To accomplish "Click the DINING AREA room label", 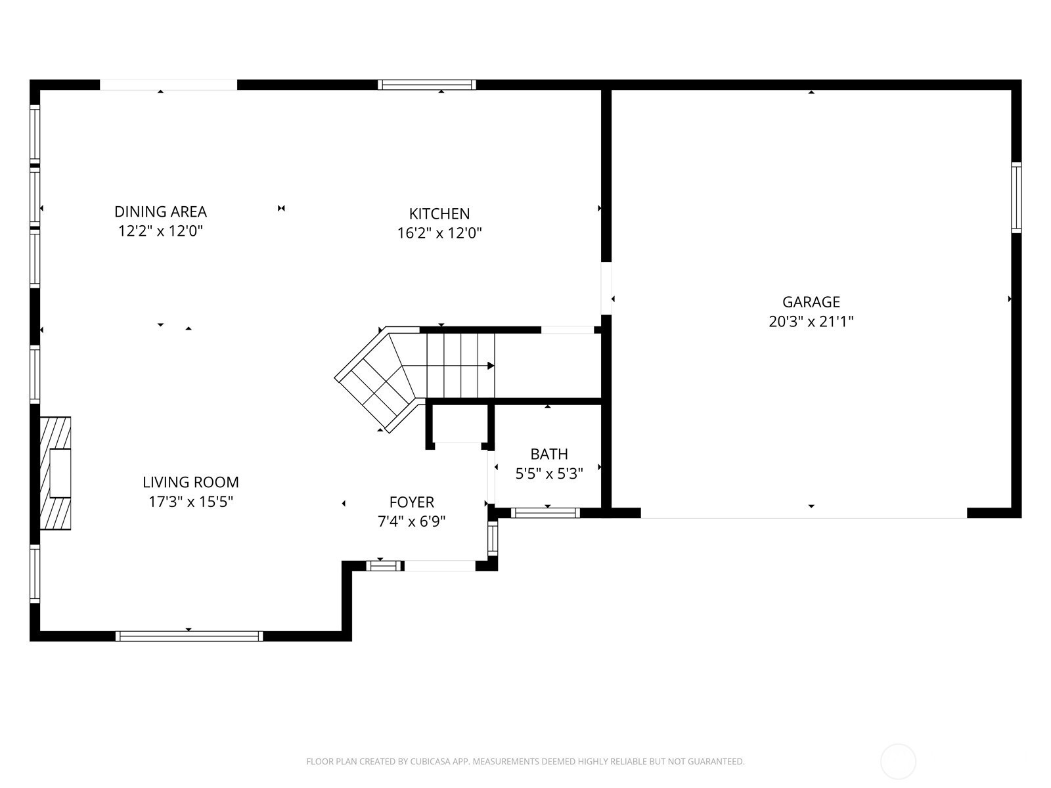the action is click(160, 211).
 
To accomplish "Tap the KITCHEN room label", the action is click(439, 213).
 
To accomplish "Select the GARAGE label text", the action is click(811, 302).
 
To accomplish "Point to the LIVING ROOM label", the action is click(190, 482).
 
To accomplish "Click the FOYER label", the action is click(412, 502).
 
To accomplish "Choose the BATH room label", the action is click(549, 454).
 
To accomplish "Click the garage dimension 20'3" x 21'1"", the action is click(811, 322).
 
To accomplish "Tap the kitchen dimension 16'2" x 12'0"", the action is click(439, 233).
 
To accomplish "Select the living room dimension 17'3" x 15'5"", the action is click(190, 502).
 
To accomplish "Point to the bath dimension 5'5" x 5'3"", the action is click(549, 473).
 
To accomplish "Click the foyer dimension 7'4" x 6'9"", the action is click(412, 521).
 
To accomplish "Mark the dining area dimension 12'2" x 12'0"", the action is click(160, 231).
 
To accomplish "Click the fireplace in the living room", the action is click(55, 473).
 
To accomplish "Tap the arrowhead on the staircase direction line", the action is click(491, 366).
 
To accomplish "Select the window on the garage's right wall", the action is click(1016, 198).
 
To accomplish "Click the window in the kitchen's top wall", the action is click(426, 85).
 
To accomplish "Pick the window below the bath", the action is click(545, 513).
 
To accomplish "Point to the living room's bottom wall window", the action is click(189, 636).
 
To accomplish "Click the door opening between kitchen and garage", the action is click(606, 288).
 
